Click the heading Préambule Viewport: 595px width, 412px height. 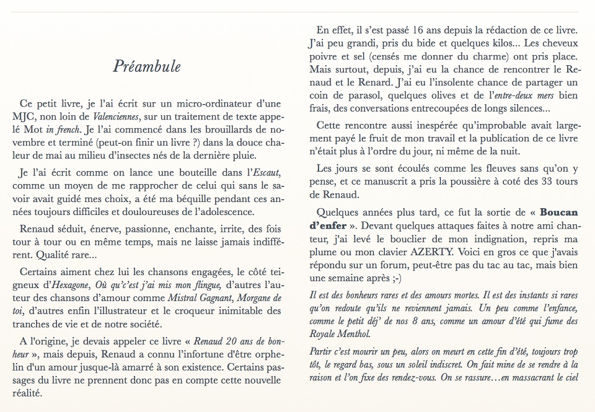pyautogui.click(x=147, y=66)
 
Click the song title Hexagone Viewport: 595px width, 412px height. pyautogui.click(x=65, y=285)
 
